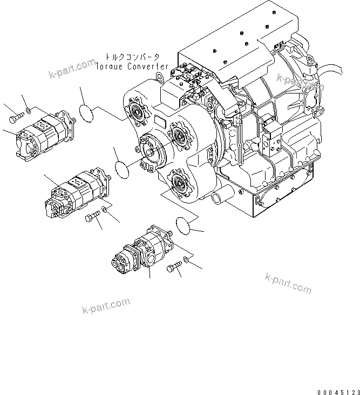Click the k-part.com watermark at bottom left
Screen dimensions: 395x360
[106, 306]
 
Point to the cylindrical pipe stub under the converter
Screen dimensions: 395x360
[218, 197]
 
